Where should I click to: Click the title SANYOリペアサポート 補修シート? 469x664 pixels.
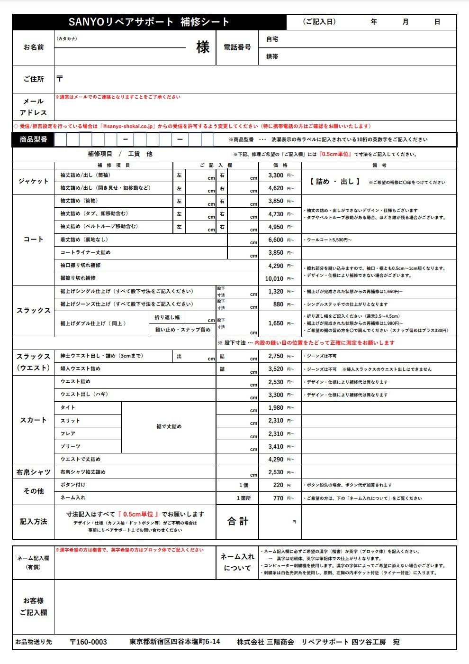point(149,22)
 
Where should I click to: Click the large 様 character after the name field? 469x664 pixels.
point(203,47)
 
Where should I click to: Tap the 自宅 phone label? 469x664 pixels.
point(272,39)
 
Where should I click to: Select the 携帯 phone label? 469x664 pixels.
point(272,56)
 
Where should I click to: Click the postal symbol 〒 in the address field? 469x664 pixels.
point(60,79)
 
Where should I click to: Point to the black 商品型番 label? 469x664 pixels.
point(33,139)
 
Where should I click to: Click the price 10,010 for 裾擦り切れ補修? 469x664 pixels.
point(274,279)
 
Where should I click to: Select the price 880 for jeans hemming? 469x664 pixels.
point(278,304)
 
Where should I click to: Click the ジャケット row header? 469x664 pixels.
point(33,181)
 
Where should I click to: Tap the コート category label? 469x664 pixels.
point(33,240)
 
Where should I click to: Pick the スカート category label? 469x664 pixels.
point(33,420)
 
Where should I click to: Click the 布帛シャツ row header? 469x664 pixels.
point(33,472)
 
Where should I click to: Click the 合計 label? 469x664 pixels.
point(237,521)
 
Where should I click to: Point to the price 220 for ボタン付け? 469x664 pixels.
point(278,485)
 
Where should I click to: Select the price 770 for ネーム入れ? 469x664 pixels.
point(278,498)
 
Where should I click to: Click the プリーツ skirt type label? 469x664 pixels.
point(71,447)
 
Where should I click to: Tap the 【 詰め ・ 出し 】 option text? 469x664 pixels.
point(335,182)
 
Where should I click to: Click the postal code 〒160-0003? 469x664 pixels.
point(88,642)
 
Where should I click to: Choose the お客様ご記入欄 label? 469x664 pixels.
point(33,607)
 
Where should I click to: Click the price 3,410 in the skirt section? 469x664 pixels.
point(276,447)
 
